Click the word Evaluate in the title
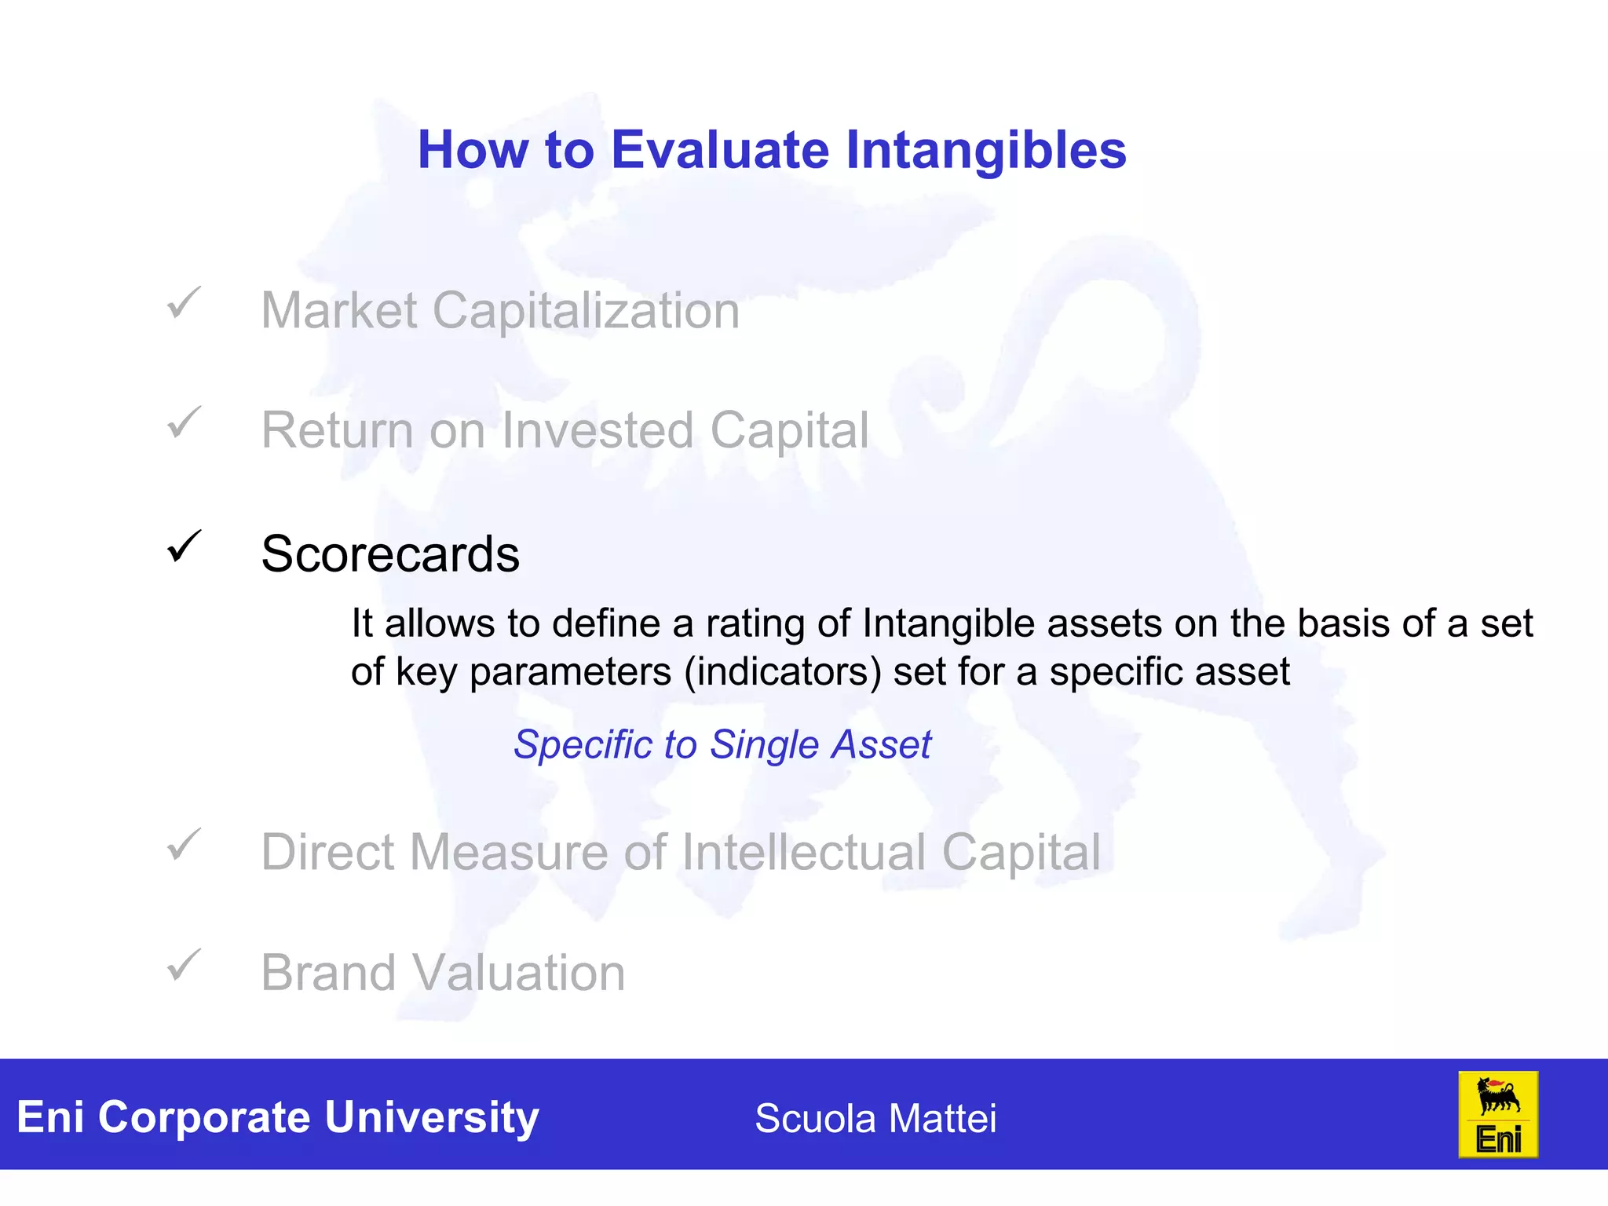tap(719, 150)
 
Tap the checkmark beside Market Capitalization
tap(184, 303)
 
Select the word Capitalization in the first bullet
tap(586, 311)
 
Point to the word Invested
tap(598, 430)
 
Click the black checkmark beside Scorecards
tap(184, 546)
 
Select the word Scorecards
tap(390, 554)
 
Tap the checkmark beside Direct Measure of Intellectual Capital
tap(184, 845)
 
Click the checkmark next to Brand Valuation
tap(184, 965)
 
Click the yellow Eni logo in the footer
tap(1497, 1115)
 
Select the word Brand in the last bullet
tap(329, 974)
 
